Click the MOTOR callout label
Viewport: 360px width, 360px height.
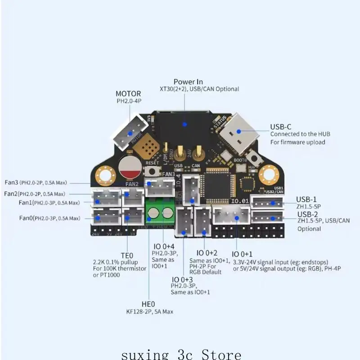pyautogui.click(x=128, y=94)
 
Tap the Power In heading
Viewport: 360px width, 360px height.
pyautogui.click(x=188, y=81)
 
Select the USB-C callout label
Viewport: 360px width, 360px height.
pyautogui.click(x=281, y=127)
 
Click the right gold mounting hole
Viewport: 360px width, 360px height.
pyautogui.click(x=269, y=173)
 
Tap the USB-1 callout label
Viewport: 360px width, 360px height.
pyautogui.click(x=306, y=199)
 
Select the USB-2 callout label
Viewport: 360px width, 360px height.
pyautogui.click(x=307, y=214)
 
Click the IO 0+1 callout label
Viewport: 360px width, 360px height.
pyautogui.click(x=243, y=254)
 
